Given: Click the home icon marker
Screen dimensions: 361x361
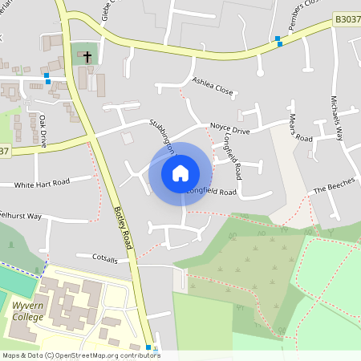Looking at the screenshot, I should click(180, 172).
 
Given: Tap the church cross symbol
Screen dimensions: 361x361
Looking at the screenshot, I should click(87, 57).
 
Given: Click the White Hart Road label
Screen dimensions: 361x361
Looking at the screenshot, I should click(43, 184).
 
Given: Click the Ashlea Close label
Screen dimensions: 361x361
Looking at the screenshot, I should click(213, 86).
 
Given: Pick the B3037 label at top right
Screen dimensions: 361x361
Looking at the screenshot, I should click(347, 18).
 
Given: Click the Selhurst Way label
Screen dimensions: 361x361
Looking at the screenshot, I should click(21, 216).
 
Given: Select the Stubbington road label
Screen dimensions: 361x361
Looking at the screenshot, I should click(162, 136).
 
